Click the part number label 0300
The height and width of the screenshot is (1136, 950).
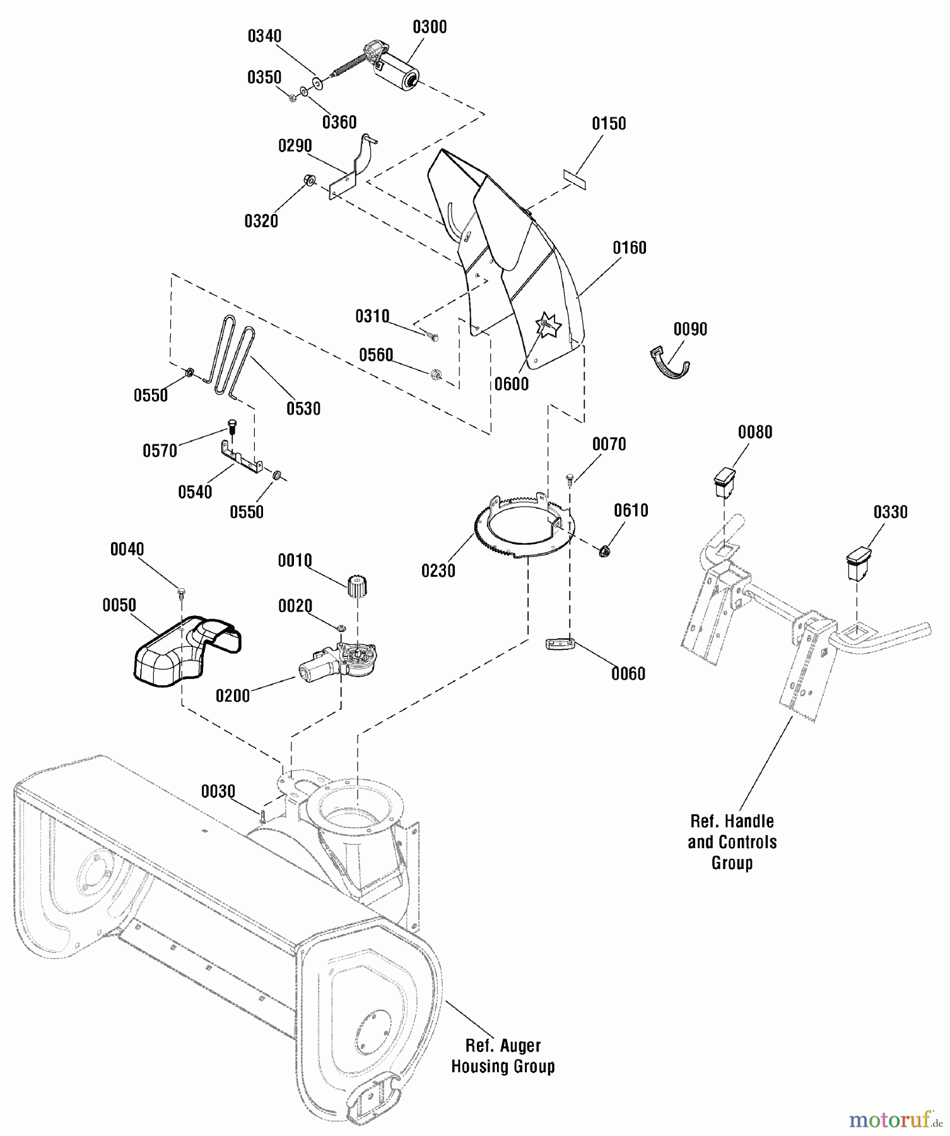(x=430, y=27)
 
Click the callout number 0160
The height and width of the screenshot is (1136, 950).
(x=630, y=248)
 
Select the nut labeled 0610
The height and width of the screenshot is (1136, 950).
(x=604, y=552)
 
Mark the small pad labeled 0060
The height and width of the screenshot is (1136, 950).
(x=560, y=646)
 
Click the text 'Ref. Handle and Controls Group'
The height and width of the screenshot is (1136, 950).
(x=732, y=842)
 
